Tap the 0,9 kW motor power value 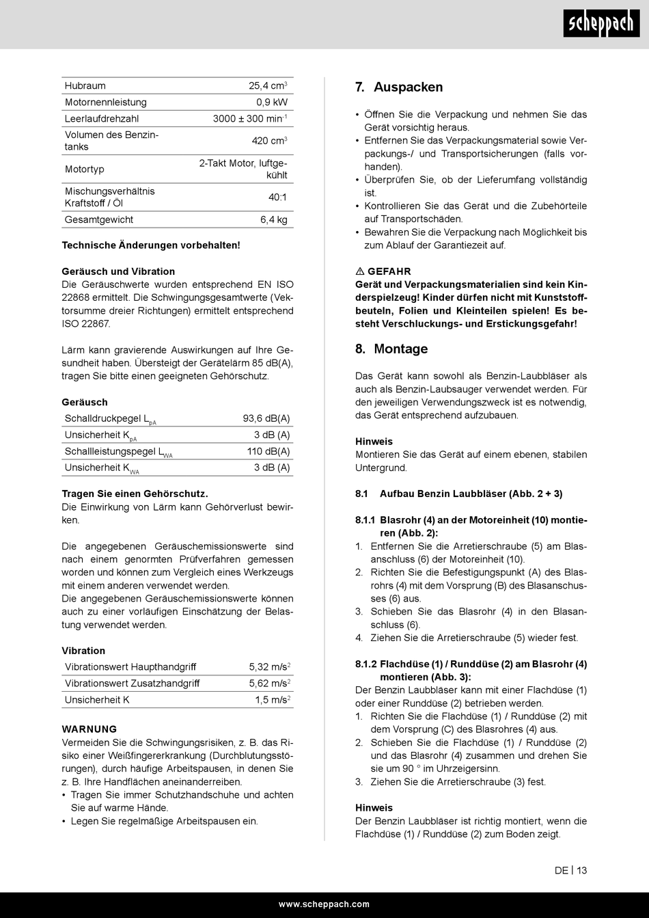[x=272, y=103]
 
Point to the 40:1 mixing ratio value [x=277, y=197]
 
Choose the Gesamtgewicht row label [x=99, y=220]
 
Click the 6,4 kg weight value [x=273, y=220]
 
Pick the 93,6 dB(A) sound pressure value [x=266, y=418]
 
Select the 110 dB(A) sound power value [x=268, y=451]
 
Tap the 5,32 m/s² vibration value [x=270, y=666]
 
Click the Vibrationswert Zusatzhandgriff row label [x=132, y=683]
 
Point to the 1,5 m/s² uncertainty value [x=273, y=699]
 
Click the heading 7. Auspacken [x=399, y=87]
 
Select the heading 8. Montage [x=391, y=349]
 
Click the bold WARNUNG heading [x=89, y=729]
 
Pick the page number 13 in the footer [x=582, y=870]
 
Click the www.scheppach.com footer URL [x=324, y=904]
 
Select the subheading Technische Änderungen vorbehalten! [x=151, y=245]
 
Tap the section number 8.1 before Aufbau [x=361, y=494]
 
